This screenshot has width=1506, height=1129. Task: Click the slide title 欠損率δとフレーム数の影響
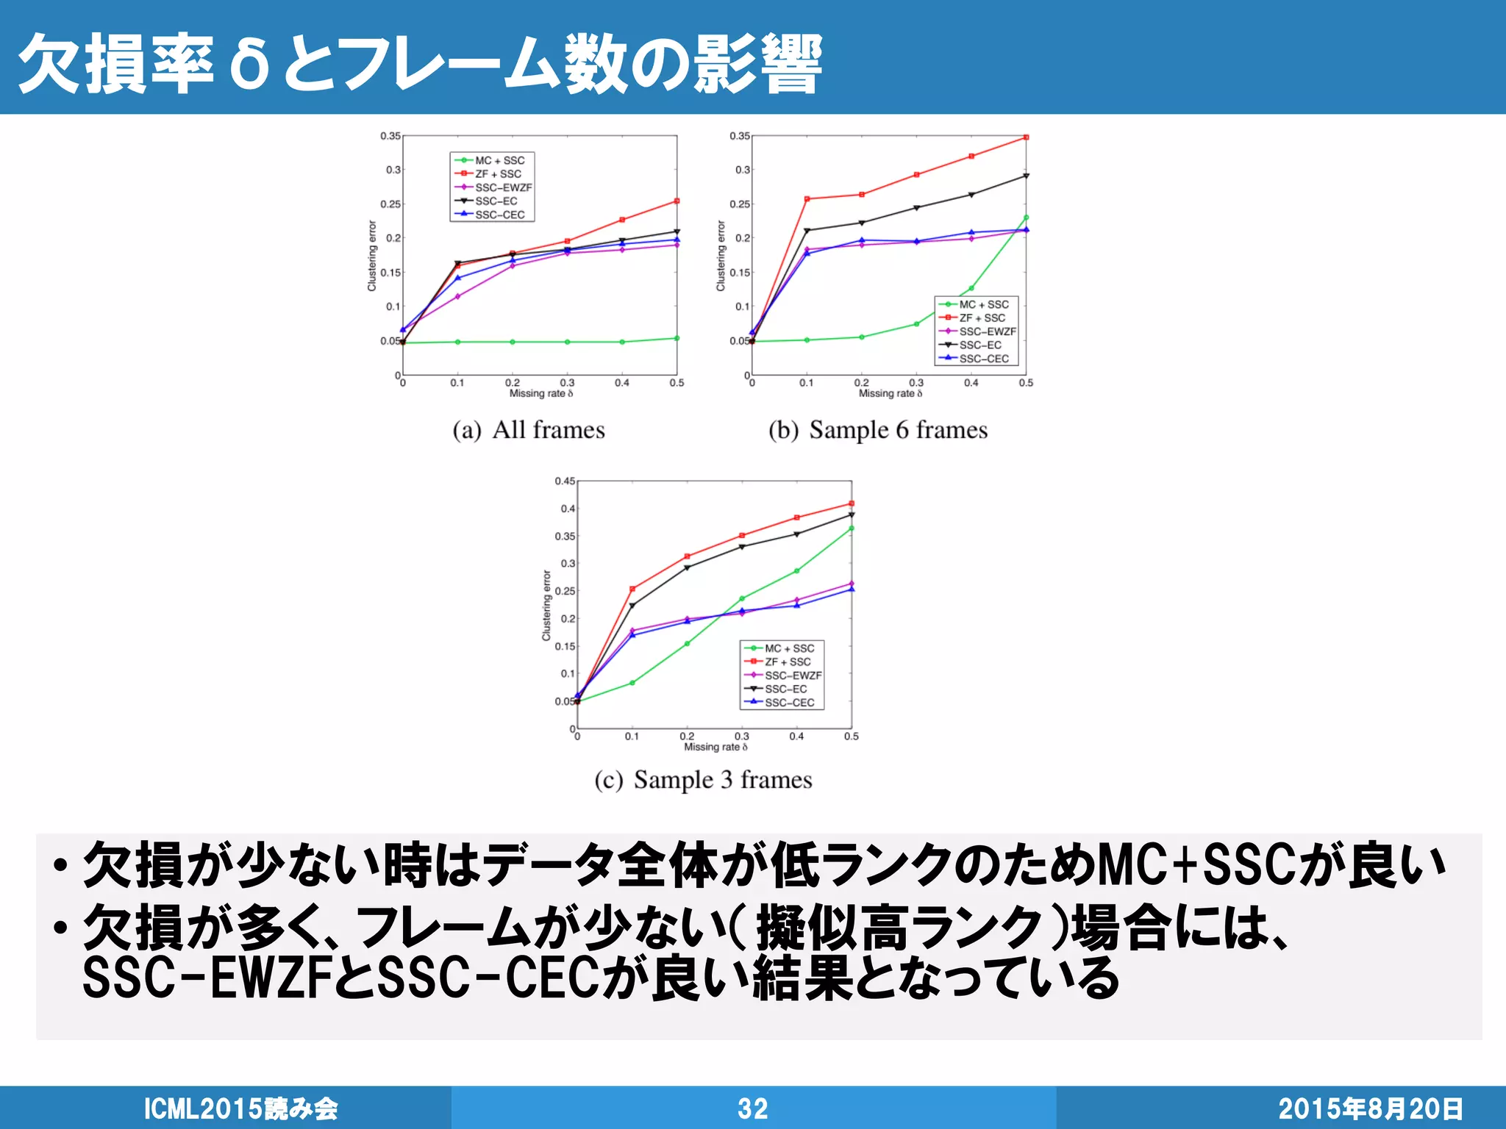pos(419,65)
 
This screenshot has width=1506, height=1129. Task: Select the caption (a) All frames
pos(529,430)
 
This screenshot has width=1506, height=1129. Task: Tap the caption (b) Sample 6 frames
pos(877,430)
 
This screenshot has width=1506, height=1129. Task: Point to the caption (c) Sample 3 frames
pos(703,780)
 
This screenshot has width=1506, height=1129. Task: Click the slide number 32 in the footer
pos(752,1108)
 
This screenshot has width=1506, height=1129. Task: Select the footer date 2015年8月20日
pos(1370,1108)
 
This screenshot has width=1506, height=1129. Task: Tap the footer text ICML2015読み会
pos(240,1108)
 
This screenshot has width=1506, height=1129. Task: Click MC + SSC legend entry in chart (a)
pos(499,160)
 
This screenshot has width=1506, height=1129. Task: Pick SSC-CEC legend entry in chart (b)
pos(984,359)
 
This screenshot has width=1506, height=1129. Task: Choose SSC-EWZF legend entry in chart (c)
pos(793,675)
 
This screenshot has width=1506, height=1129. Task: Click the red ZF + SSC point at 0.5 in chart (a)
pos(677,201)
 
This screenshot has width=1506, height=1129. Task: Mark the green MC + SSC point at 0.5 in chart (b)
pos(1026,218)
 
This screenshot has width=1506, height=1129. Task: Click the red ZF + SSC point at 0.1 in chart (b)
pos(807,198)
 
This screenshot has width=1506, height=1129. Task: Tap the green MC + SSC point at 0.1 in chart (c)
pos(632,683)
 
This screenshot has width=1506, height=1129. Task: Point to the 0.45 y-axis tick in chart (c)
pos(565,481)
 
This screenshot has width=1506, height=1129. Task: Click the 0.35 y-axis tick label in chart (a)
pos(390,136)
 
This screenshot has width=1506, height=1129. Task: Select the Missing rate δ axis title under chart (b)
pos(890,394)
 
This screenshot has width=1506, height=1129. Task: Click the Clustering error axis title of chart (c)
pos(546,606)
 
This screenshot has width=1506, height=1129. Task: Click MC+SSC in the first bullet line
pos(1196,866)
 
